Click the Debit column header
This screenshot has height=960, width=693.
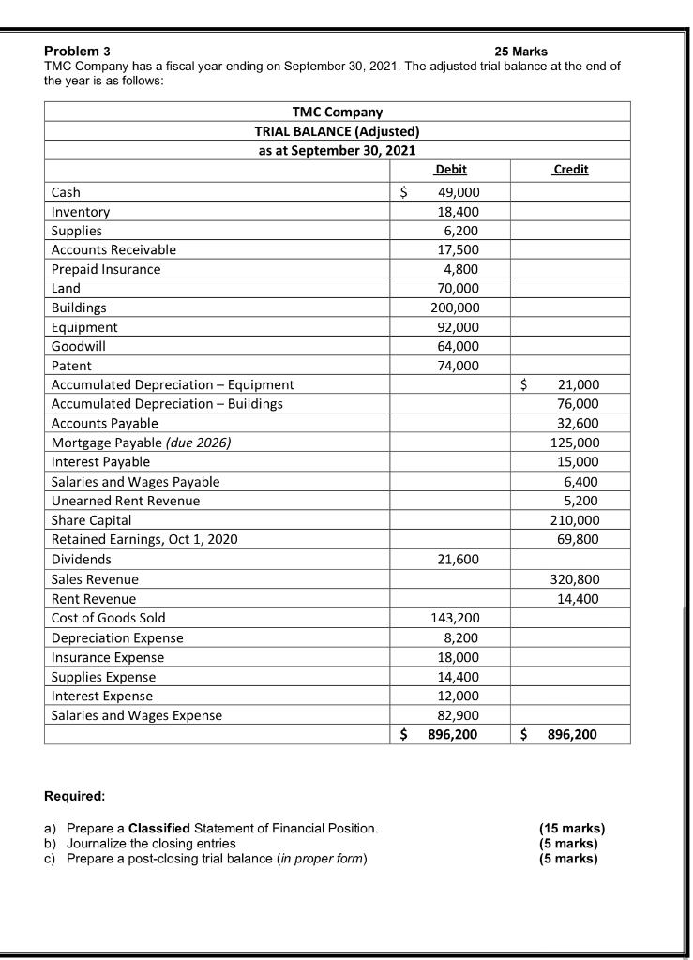[451, 170]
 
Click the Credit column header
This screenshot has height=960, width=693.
[570, 170]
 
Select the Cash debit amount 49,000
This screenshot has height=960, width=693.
[459, 192]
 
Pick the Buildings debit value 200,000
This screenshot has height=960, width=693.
[455, 307]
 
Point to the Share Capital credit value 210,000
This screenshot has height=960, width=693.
[577, 519]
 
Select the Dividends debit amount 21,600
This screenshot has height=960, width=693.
[459, 559]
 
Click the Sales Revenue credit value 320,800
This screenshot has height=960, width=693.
[577, 579]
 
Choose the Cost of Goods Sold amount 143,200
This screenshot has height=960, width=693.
[455, 618]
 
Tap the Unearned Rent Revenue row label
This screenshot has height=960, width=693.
[125, 501]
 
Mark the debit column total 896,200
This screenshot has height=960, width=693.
[453, 734]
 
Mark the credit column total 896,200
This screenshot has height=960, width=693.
[571, 734]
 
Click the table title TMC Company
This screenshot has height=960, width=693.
[337, 112]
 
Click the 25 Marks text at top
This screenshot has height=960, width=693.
[520, 51]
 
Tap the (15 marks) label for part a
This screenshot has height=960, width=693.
[572, 828]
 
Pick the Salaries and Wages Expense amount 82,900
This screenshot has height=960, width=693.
[459, 715]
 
